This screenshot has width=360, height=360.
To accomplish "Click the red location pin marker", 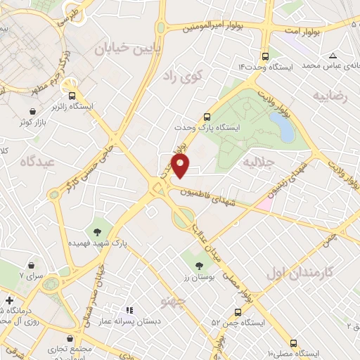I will click(181, 166).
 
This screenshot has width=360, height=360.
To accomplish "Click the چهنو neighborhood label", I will click(172, 302).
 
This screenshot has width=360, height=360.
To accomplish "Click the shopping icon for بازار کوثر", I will click(33, 112).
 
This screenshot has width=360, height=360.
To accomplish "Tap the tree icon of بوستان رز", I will click(199, 266).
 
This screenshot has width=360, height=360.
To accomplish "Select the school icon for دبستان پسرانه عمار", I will click(129, 309).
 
